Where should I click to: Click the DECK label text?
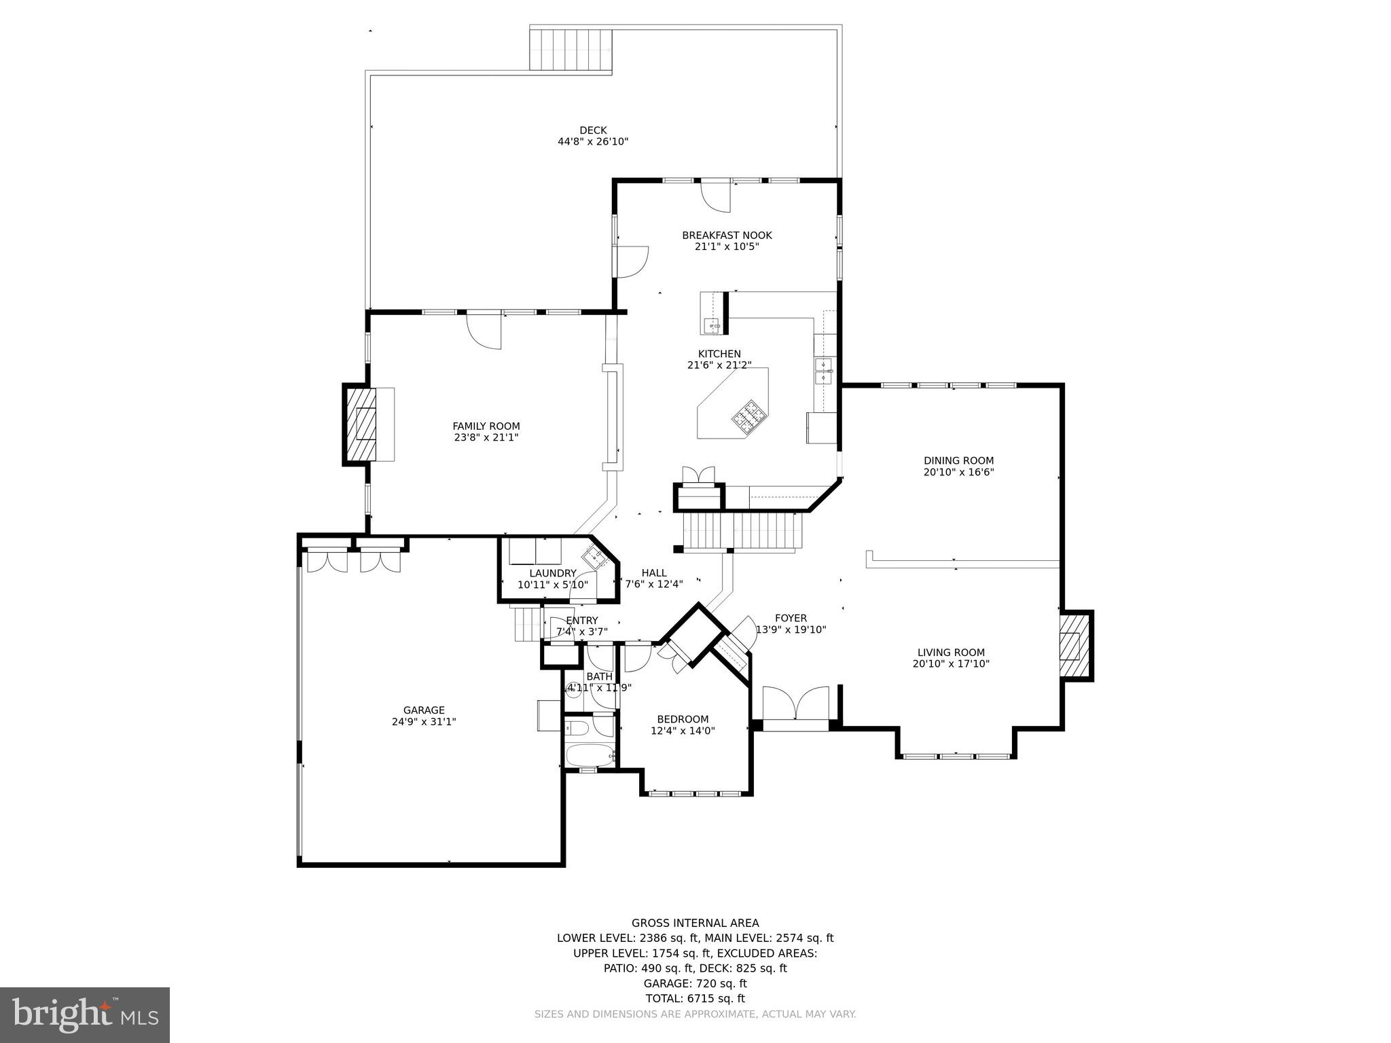[593, 130]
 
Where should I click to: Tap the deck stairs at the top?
[571, 50]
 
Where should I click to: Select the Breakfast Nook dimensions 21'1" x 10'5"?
[727, 246]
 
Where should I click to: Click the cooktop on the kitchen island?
[748, 414]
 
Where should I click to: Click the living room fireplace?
[1073, 646]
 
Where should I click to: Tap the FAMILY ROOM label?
[486, 426]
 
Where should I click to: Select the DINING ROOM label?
[958, 460]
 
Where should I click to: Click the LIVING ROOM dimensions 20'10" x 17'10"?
[951, 664]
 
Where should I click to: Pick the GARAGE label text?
[424, 710]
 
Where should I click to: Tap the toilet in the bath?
[578, 729]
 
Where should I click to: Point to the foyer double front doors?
[795, 705]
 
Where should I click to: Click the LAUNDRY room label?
[553, 573]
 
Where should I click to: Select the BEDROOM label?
[683, 719]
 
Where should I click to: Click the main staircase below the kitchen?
[742, 532]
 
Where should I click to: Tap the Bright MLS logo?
[85, 1014]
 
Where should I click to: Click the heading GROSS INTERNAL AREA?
[695, 923]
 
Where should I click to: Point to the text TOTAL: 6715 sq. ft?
[695, 998]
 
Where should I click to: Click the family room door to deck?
[484, 331]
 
